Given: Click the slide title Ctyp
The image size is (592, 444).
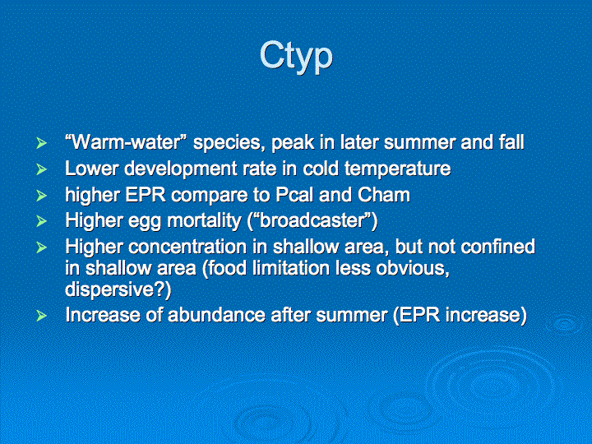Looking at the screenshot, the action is point(296,57).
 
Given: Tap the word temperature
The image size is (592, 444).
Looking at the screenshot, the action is point(398,169).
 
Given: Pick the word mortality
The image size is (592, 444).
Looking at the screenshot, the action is point(204,221).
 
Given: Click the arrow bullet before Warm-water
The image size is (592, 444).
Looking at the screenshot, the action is point(42,143).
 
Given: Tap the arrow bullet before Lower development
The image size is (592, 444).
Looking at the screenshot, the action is point(42,169).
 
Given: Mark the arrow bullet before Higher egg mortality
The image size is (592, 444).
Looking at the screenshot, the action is point(42,221).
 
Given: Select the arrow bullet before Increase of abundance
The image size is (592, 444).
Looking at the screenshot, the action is point(42,316).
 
